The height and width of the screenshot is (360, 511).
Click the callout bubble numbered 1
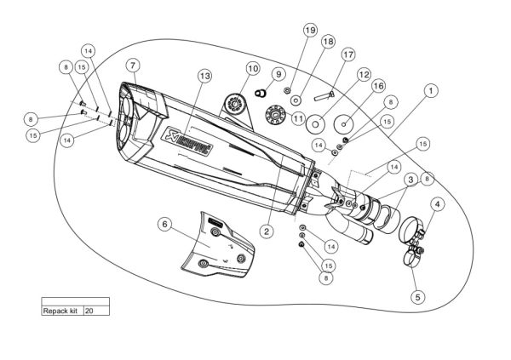coord(432,89)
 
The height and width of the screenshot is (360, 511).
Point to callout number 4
coord(437,204)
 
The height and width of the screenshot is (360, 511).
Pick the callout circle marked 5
coord(418,297)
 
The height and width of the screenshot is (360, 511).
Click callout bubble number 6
coord(164,224)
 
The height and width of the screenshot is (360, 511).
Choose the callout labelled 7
coord(133,65)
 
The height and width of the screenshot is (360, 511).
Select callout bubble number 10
coord(252,67)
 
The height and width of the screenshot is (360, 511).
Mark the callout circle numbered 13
coord(204,76)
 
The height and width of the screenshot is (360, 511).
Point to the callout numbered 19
coord(310,30)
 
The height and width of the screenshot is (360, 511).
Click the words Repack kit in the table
coord(60,311)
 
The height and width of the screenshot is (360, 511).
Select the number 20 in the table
coord(89,311)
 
